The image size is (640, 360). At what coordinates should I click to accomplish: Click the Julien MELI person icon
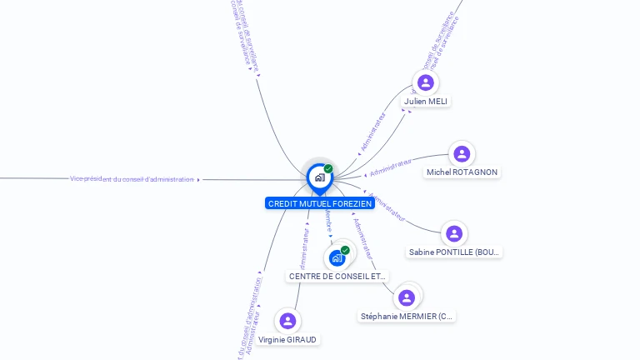pos(426,82)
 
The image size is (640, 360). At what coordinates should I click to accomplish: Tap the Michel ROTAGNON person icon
pos(462,154)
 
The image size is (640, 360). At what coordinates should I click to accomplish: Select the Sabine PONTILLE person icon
pos(454,234)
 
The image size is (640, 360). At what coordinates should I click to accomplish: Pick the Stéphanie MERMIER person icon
pos(407,298)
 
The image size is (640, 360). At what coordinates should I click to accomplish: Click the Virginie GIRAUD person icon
pos(287,321)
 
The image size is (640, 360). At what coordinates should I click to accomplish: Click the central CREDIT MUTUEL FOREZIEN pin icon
pos(319,177)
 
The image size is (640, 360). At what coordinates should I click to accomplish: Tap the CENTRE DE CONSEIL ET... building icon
pos(337,258)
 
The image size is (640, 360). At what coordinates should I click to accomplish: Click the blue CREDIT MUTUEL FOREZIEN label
pos(319,203)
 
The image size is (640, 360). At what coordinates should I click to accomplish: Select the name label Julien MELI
pos(426,102)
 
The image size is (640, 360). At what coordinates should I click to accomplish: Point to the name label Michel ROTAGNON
pos(462,172)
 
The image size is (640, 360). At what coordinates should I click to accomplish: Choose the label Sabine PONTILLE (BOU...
pos(454,252)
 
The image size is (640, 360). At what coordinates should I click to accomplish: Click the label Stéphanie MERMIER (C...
pos(407,317)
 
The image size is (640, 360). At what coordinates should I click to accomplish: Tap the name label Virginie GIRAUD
pos(287,340)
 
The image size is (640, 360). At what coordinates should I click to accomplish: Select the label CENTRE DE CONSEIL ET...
pos(337,276)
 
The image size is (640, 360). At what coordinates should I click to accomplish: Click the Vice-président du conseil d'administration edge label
pos(132,179)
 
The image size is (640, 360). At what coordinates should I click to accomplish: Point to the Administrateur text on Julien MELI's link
pos(373,131)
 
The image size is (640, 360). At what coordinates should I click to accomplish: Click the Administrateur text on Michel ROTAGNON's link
pos(390,167)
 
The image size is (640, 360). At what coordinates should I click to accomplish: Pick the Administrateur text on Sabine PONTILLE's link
pos(387,207)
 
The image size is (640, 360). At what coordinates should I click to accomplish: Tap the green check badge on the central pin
pos(328,169)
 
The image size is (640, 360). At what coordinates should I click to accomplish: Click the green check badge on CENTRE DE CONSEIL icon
pos(345,250)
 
